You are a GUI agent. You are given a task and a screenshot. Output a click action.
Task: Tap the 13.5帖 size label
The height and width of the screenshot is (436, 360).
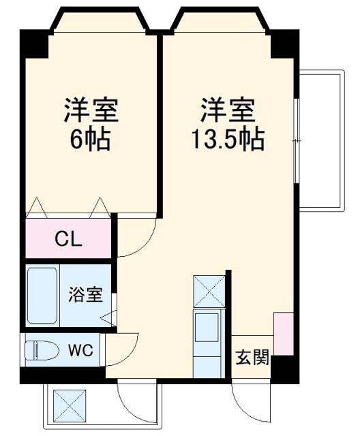(x=226, y=140)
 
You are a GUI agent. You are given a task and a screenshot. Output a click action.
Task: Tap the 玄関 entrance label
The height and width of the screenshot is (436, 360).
(x=252, y=357)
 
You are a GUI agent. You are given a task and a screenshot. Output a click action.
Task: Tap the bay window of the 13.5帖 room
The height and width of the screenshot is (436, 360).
(x=221, y=20)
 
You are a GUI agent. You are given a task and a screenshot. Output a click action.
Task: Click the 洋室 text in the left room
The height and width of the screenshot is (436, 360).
(x=91, y=109)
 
